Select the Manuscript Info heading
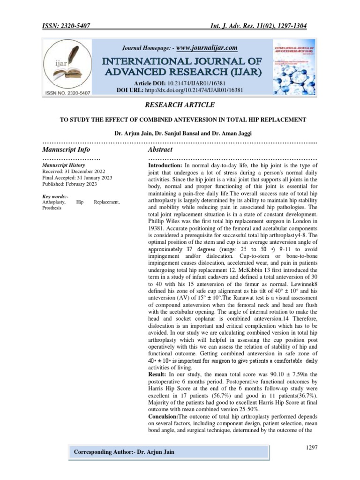click(x=66, y=150)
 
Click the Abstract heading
click(x=160, y=150)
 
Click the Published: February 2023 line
click(x=69, y=184)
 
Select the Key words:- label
click(x=55, y=196)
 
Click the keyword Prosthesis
click(x=52, y=208)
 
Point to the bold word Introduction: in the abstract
click(x=165, y=166)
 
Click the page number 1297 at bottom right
click(x=312, y=448)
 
